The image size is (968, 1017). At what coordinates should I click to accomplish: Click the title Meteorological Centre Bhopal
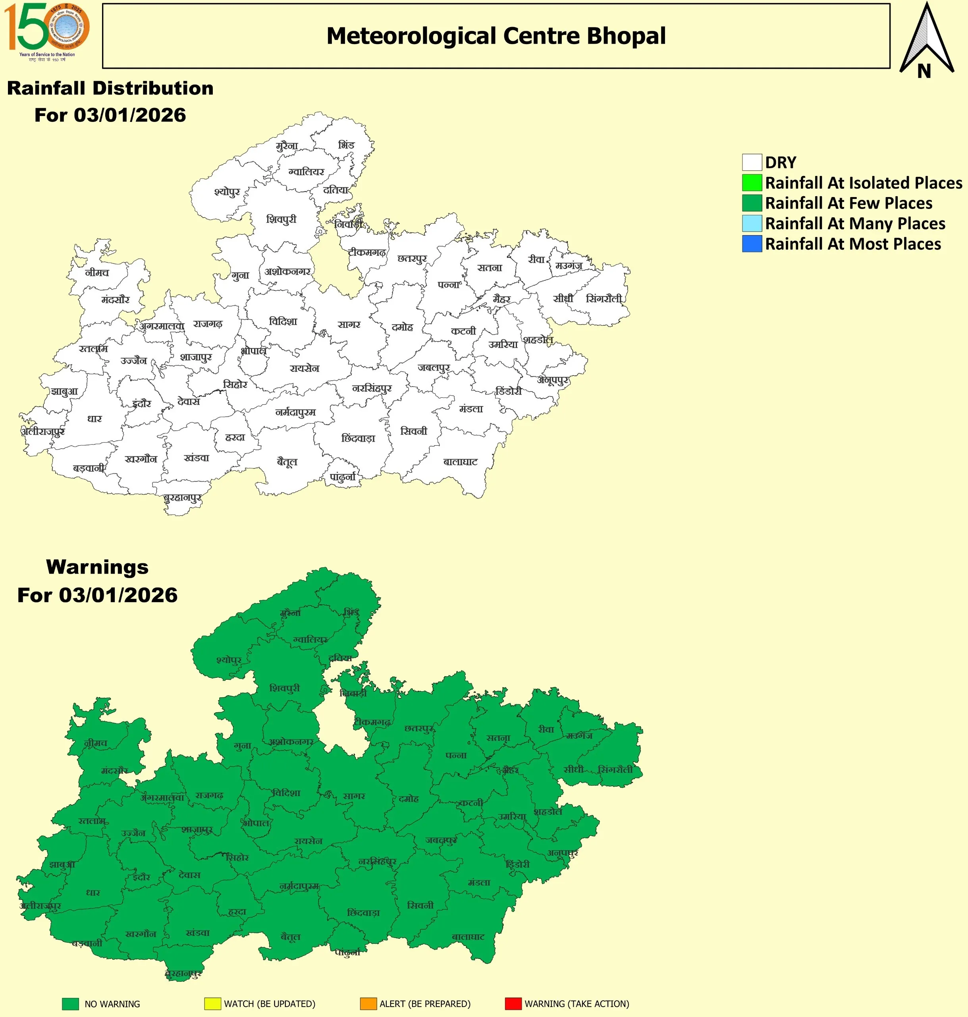click(x=496, y=36)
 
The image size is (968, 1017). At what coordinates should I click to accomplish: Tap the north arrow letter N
click(x=924, y=71)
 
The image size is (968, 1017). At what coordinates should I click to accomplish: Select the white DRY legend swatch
click(x=752, y=162)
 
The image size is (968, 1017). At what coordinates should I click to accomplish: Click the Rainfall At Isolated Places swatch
click(x=752, y=183)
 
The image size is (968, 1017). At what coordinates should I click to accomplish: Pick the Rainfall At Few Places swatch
click(x=752, y=203)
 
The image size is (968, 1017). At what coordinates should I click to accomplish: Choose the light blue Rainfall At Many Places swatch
click(x=752, y=224)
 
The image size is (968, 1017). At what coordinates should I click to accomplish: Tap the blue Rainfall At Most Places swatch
click(x=752, y=244)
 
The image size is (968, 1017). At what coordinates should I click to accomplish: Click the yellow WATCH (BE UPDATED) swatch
click(x=212, y=1003)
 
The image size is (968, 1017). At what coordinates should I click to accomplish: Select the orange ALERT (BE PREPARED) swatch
click(x=368, y=1003)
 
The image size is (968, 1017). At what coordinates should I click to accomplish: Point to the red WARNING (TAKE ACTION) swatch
click(x=513, y=1003)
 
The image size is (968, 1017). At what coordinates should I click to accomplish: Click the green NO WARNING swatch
click(x=70, y=1003)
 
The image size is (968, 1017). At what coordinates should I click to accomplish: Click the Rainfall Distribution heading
click(x=110, y=88)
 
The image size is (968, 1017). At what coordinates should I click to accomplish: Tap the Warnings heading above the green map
click(x=97, y=567)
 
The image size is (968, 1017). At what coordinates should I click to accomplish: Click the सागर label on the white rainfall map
click(x=349, y=325)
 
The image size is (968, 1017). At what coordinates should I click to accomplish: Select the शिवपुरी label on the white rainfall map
click(x=281, y=219)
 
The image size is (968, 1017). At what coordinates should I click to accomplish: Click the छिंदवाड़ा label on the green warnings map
click(x=363, y=913)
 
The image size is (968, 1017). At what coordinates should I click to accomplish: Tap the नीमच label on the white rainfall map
click(x=97, y=273)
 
